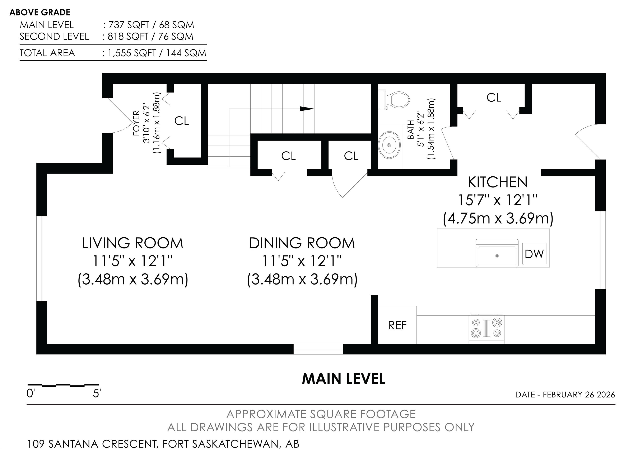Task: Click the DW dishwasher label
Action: click(x=534, y=254)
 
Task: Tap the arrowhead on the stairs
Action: click(x=307, y=109)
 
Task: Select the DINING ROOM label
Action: click(x=302, y=243)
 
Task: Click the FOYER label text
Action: click(x=136, y=123)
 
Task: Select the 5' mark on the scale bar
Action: click(x=97, y=394)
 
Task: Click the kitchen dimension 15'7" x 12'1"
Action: click(x=498, y=200)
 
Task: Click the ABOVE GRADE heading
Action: click(x=40, y=12)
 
